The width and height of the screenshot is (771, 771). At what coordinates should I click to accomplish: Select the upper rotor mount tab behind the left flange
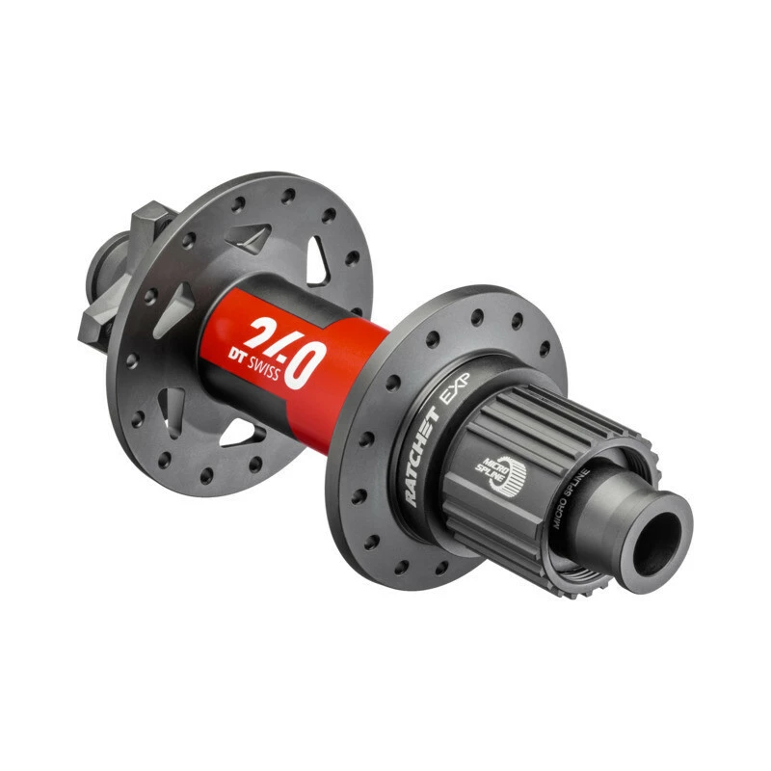click(153, 225)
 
